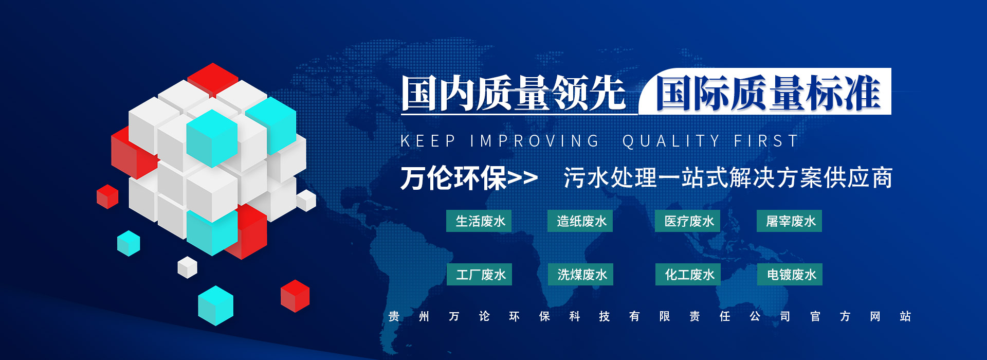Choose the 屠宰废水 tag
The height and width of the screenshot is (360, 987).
click(x=789, y=221)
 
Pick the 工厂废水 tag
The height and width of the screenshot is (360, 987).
click(x=479, y=275)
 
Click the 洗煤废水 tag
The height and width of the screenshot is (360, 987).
click(x=580, y=275)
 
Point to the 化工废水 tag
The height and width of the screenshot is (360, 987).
click(x=688, y=275)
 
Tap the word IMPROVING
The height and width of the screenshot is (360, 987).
click(x=535, y=141)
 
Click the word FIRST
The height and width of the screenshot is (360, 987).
click(x=766, y=141)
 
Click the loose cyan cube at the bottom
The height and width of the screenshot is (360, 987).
click(x=215, y=305)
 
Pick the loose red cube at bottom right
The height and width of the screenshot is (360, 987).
click(x=295, y=296)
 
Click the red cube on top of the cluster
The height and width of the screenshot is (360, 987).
click(x=212, y=77)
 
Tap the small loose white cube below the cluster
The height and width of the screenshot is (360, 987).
click(x=187, y=267)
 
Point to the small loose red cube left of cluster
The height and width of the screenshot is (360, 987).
click(x=107, y=196)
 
